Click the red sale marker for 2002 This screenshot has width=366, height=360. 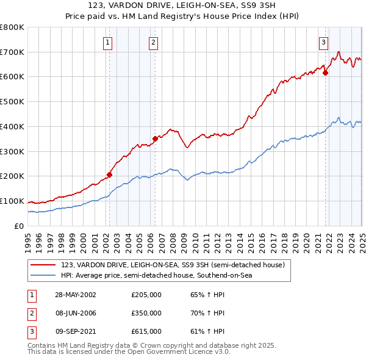(110, 175)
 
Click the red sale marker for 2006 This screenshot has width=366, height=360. (155, 139)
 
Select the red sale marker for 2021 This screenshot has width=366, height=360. (325, 73)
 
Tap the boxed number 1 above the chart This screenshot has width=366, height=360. (107, 42)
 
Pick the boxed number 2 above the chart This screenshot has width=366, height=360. (152, 42)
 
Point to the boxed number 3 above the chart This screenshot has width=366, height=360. (323, 42)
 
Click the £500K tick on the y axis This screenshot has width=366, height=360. (12, 101)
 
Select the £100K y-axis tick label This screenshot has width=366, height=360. (12, 201)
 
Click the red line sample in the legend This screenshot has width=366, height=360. (44, 265)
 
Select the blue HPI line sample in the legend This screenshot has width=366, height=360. (44, 276)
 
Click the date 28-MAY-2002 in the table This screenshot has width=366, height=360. (76, 295)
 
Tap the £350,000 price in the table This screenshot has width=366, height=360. (146, 313)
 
